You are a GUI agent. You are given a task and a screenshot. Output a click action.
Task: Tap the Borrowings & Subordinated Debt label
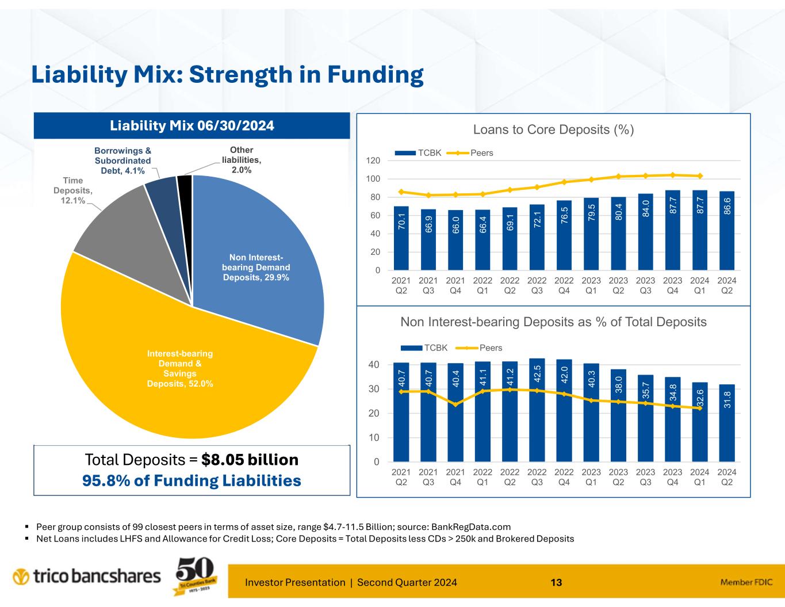[122, 161]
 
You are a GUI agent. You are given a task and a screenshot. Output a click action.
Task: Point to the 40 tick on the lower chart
[374, 365]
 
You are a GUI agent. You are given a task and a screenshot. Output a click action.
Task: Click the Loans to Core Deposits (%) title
[553, 130]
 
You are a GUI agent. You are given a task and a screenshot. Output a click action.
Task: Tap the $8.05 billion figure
[250, 460]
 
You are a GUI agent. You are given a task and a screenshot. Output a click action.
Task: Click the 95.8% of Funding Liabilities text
[192, 480]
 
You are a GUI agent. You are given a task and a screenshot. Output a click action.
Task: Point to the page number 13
[556, 582]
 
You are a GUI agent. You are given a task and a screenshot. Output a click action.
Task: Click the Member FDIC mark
[745, 582]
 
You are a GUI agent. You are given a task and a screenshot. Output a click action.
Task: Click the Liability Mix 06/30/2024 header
[192, 125]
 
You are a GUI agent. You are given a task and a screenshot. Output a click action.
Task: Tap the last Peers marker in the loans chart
[700, 176]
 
